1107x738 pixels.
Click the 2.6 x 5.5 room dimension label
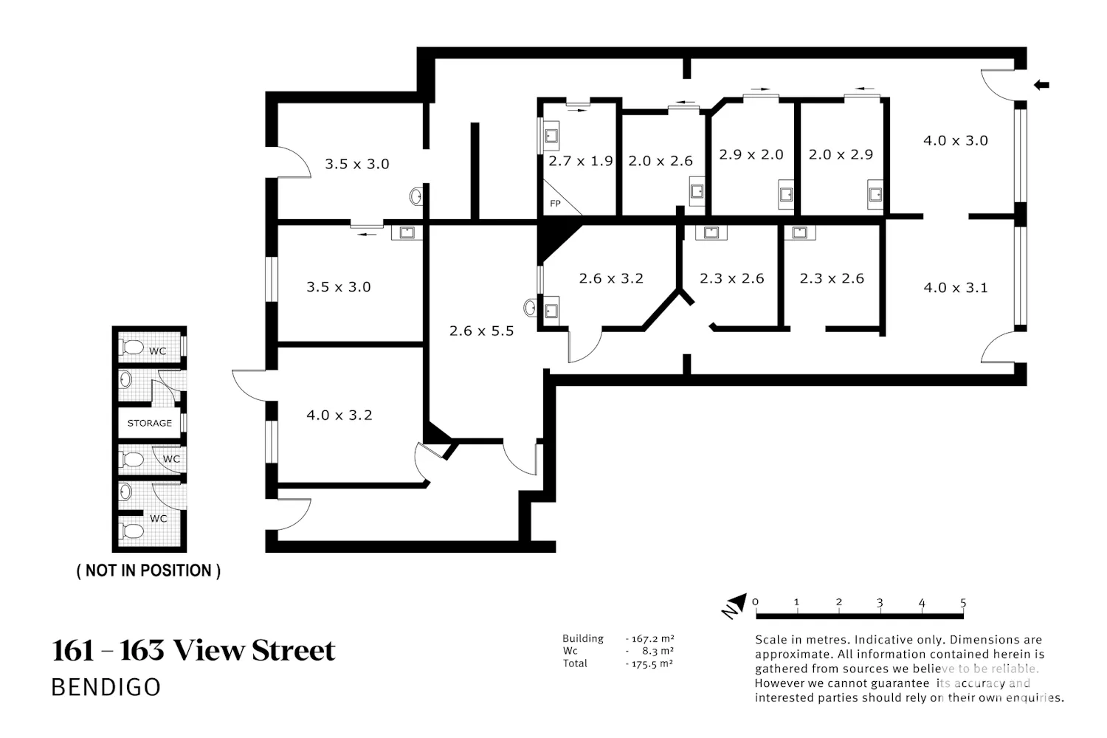481,331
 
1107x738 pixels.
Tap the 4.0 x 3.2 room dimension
339,415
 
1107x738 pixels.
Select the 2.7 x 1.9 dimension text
581,161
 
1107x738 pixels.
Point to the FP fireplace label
555,204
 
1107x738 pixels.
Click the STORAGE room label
150,423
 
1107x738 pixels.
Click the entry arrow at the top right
1041,85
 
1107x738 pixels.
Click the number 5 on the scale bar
963,602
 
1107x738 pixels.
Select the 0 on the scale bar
755,602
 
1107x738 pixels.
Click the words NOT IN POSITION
149,570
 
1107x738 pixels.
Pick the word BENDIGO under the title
106,687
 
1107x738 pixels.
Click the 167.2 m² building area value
650,638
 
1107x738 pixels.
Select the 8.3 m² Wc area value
658,651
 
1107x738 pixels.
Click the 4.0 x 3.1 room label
956,288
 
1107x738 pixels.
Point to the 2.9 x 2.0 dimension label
751,155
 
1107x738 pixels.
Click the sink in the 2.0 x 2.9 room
875,194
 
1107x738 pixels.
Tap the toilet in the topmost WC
131,347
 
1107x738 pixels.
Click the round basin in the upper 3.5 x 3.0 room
416,197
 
